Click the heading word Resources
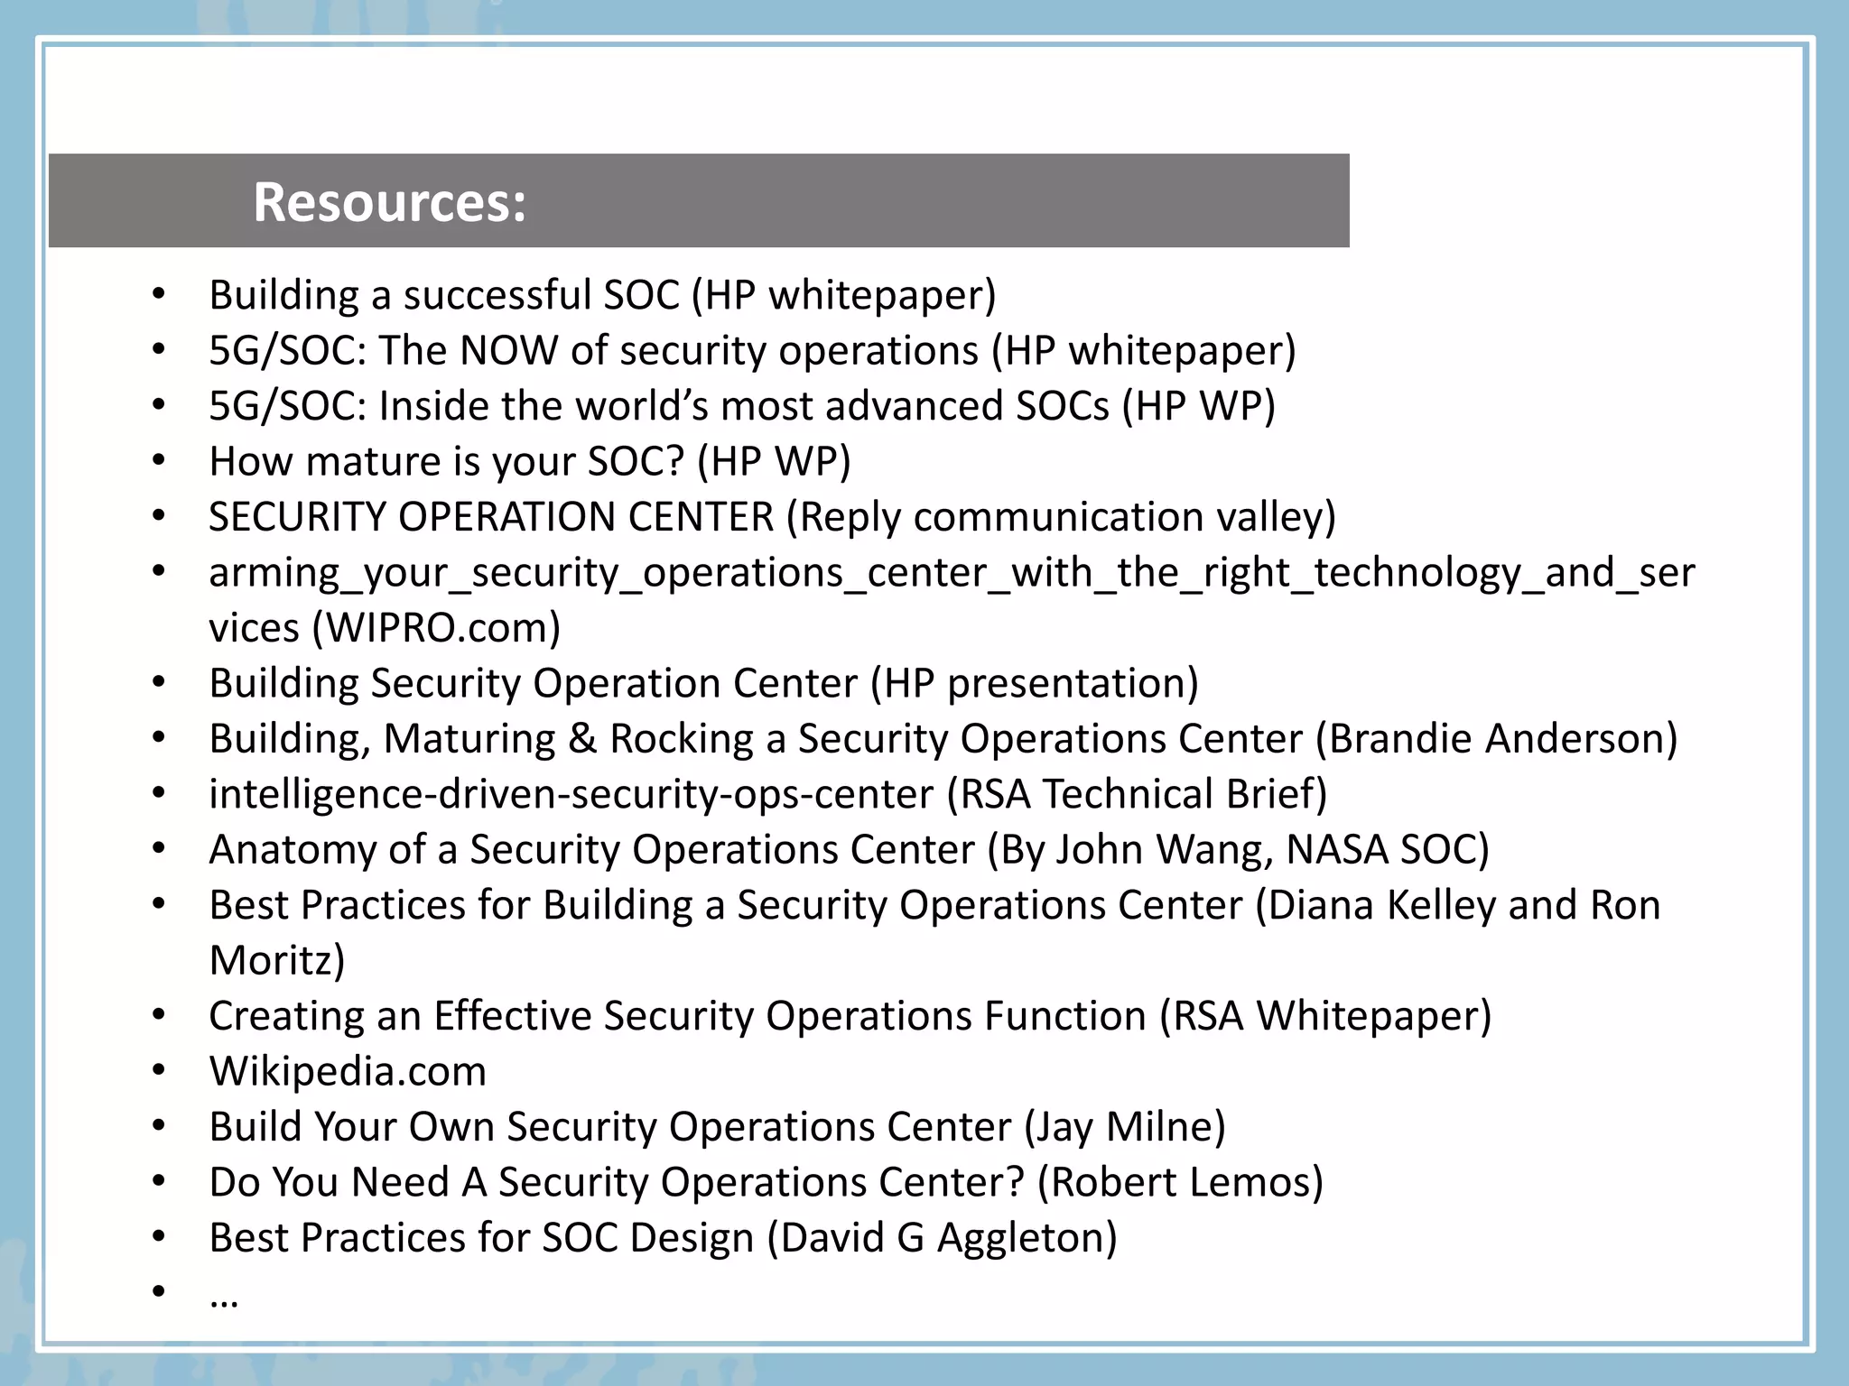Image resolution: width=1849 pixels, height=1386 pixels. pyautogui.click(x=388, y=202)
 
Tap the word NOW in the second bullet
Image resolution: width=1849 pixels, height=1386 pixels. pyautogui.click(x=508, y=350)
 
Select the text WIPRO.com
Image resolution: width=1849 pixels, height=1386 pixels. pyautogui.click(x=436, y=628)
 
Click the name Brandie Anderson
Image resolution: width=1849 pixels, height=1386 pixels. pyautogui.click(x=1496, y=738)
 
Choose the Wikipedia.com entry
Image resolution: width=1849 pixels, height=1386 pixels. pyautogui.click(x=348, y=1071)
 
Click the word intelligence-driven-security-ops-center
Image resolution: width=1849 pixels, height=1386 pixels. pyautogui.click(x=571, y=794)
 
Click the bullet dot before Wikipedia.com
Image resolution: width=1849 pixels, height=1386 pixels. pyautogui.click(x=159, y=1071)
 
